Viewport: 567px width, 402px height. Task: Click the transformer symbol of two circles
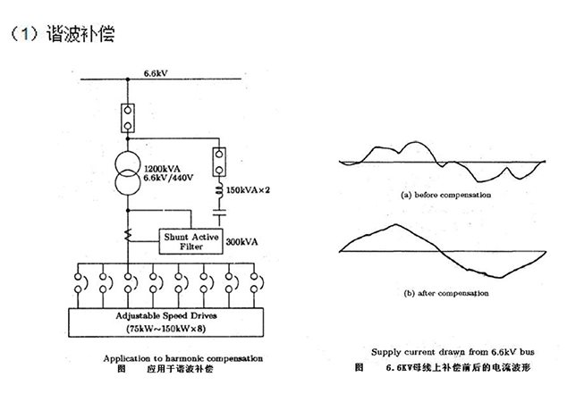(x=130, y=173)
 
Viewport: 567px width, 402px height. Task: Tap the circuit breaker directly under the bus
(x=130, y=115)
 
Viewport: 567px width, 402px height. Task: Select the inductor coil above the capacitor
(x=218, y=191)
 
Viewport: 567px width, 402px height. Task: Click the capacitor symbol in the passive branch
(x=218, y=215)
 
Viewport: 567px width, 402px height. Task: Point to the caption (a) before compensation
(x=446, y=194)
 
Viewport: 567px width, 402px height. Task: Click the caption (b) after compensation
(x=446, y=292)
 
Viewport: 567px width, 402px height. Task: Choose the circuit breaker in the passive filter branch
(x=218, y=163)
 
